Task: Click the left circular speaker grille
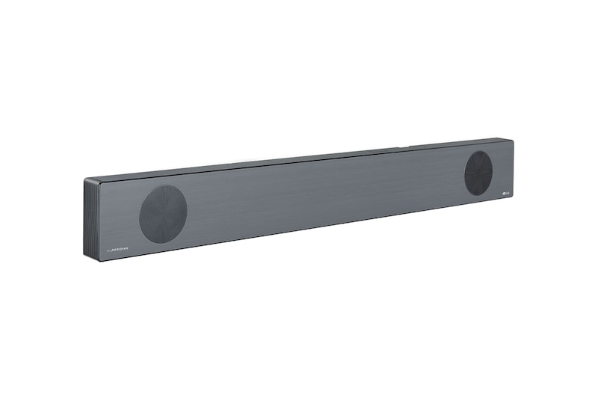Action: (163, 213)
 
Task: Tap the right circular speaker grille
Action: (478, 173)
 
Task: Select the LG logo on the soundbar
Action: (504, 193)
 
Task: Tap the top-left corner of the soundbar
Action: (85, 179)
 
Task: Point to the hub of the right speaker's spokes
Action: (478, 173)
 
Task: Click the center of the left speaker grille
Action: (163, 213)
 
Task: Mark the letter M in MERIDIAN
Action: (112, 247)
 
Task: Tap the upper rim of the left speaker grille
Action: (163, 186)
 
